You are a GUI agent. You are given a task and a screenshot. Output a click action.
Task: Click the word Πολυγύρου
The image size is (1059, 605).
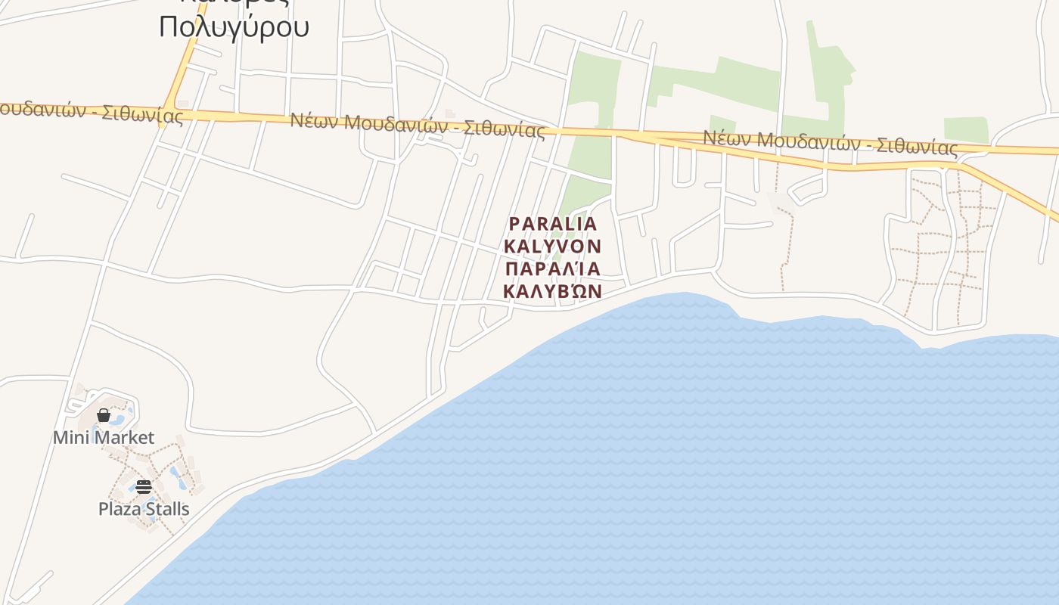pyautogui.click(x=234, y=26)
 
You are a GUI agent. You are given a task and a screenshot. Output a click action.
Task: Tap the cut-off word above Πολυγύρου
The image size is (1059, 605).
pyautogui.click(x=234, y=2)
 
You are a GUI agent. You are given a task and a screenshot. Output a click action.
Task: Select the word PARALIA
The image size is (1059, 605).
pyautogui.click(x=553, y=224)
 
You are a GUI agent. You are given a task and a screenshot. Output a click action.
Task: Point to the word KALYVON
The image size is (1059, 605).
pyautogui.click(x=552, y=246)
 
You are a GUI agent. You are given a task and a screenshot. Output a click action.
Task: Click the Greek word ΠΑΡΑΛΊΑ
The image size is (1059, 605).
pyautogui.click(x=552, y=268)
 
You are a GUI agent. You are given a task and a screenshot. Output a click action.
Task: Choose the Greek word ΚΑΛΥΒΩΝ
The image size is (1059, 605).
pyautogui.click(x=552, y=291)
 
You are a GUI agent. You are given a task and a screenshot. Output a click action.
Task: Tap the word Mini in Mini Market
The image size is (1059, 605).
pyautogui.click(x=70, y=437)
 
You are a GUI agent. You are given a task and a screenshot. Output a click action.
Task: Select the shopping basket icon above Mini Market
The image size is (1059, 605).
pyautogui.click(x=104, y=415)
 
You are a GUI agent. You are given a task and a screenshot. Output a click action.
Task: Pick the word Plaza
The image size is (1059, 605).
pyautogui.click(x=120, y=508)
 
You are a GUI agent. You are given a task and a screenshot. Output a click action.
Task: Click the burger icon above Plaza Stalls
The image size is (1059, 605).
pyautogui.click(x=144, y=486)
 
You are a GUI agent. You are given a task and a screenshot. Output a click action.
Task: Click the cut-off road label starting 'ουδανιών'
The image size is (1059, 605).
pyautogui.click(x=91, y=113)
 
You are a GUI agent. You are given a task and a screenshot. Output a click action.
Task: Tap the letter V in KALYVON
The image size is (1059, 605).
pyautogui.click(x=560, y=246)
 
